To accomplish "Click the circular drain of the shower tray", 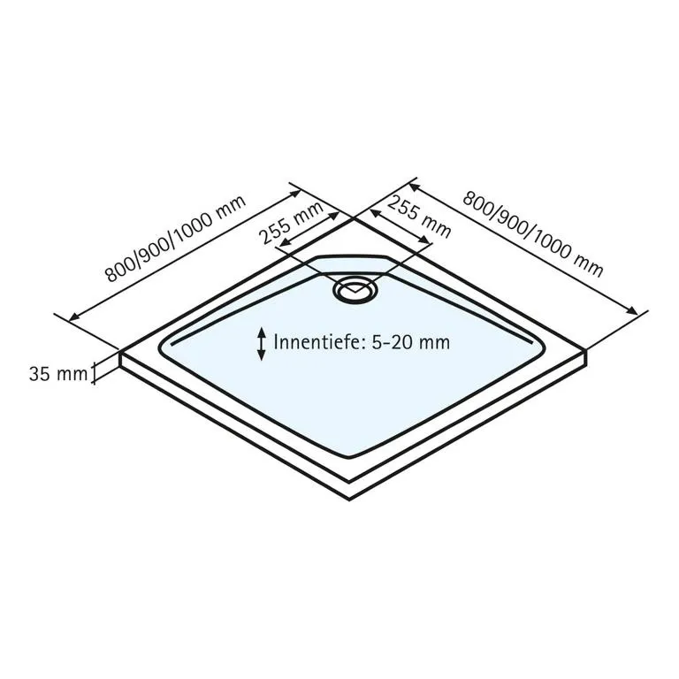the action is point(355,290).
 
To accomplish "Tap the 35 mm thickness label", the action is point(58,374).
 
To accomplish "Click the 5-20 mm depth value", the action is point(410,342).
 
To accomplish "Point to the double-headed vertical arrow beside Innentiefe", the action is point(261,344).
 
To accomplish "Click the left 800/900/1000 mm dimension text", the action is point(175,239).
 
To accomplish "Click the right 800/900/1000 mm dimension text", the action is point(532,233).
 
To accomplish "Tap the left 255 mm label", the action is point(291,223).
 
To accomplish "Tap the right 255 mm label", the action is point(418,217).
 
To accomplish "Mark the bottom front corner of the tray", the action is point(349,500).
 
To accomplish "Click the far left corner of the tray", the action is point(120,352).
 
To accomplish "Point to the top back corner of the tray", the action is point(354,218).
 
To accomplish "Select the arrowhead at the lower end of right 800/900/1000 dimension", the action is point(632,310).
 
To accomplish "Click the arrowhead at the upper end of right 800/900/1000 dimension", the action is point(415,187).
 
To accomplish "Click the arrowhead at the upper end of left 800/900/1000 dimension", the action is point(295,193).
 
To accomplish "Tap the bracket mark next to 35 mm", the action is point(93,373).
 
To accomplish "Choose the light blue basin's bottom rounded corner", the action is point(349,456).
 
